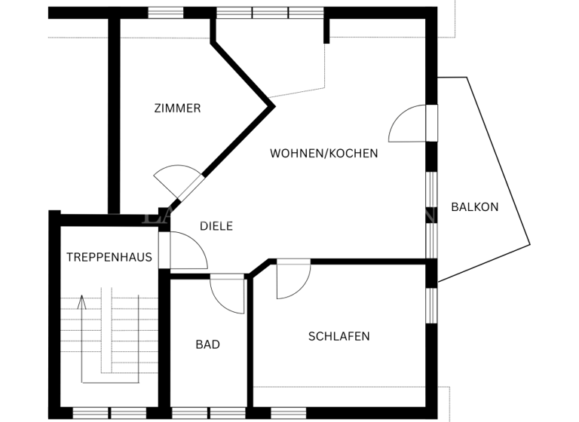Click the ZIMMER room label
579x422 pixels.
(177, 108)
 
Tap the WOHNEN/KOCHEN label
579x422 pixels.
(323, 153)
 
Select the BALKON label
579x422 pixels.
(474, 206)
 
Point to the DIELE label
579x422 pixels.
(216, 225)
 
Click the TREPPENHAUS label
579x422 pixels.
(109, 257)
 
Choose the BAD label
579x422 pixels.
(207, 344)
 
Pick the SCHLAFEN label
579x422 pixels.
(339, 336)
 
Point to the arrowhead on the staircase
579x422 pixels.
(82, 301)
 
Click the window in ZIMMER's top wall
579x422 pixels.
(166, 12)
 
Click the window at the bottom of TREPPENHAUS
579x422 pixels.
(110, 413)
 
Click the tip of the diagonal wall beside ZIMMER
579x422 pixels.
(273, 104)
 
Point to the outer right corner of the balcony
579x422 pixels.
(529, 243)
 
